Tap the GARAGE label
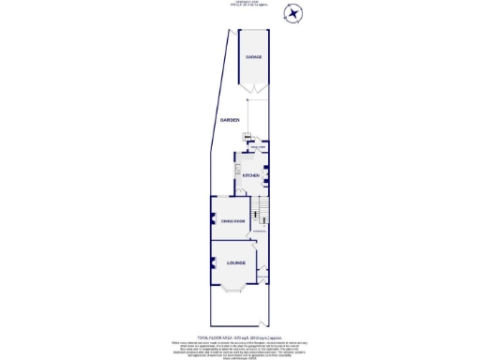pyautogui.click(x=253, y=57)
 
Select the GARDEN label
pyautogui.click(x=230, y=121)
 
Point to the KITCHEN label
pyautogui.click(x=251, y=175)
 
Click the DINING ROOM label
pyautogui.click(x=232, y=220)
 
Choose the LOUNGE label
pyautogui.click(x=235, y=264)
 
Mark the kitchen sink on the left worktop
pyautogui.click(x=239, y=169)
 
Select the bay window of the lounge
pyautogui.click(x=232, y=286)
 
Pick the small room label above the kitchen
pyautogui.click(x=254, y=148)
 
